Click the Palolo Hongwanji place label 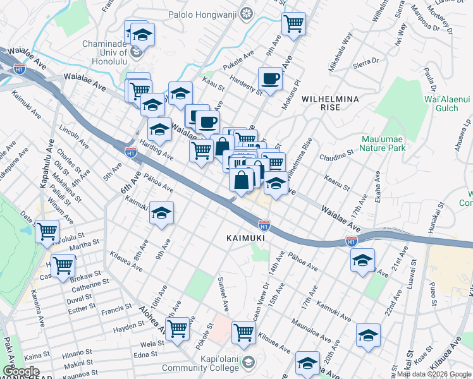pyautogui.click(x=210, y=13)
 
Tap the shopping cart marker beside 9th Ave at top pyautogui.click(x=293, y=24)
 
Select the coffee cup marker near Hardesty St pyautogui.click(x=271, y=79)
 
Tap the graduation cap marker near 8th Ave pyautogui.click(x=162, y=213)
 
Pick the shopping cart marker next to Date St pyautogui.click(x=47, y=231)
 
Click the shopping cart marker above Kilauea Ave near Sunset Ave pyautogui.click(x=243, y=331)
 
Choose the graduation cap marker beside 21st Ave pyautogui.click(x=363, y=260)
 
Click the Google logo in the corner pyautogui.click(x=21, y=371)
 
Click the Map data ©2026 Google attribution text pyautogui.click(x=433, y=374)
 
